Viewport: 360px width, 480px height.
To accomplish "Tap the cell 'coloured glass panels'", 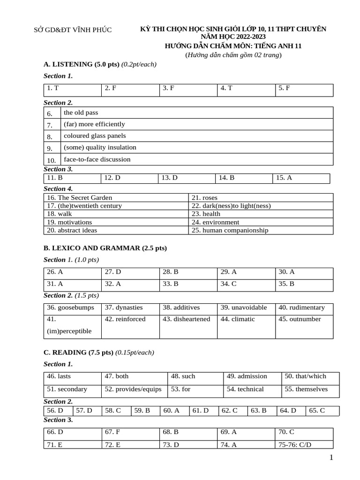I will (95, 136).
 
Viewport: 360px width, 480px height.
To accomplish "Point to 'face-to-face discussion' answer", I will (97, 159).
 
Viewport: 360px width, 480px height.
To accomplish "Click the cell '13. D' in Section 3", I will (169, 178).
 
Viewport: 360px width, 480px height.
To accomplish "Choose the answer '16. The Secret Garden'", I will (80, 198).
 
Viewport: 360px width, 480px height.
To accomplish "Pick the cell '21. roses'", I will (204, 198).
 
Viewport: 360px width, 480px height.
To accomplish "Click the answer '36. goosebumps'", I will (70, 308).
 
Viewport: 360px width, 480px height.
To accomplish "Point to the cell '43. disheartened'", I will (186, 319).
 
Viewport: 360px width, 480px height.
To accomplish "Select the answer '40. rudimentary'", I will (301, 308).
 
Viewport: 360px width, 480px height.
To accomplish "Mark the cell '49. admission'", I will (247, 376).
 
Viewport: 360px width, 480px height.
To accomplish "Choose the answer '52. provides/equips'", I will (133, 389).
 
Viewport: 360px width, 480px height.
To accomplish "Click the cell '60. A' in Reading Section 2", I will (171, 411).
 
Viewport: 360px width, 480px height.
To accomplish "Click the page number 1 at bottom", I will (331, 458).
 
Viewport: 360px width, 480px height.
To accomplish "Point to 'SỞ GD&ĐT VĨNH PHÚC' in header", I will (73, 30).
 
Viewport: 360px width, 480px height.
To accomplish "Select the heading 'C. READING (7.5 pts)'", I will (78, 352).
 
